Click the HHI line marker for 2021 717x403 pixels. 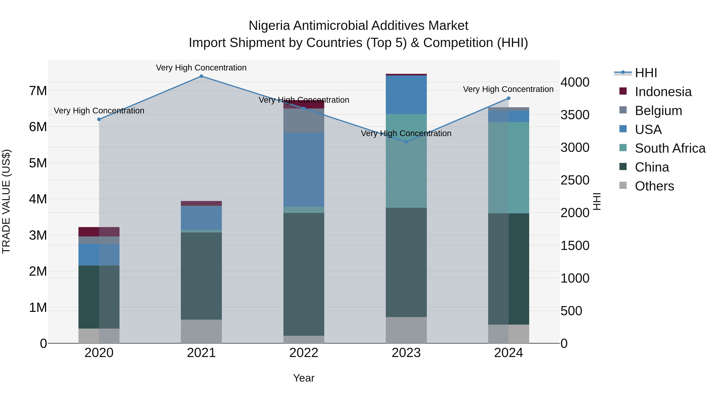pyautogui.click(x=201, y=76)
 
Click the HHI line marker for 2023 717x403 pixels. pyautogui.click(x=406, y=142)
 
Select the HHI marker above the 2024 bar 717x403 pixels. pyautogui.click(x=508, y=98)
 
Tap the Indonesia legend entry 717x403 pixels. pyautogui.click(x=663, y=92)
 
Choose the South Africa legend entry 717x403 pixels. pyautogui.click(x=670, y=148)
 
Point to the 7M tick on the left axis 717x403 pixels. pyautogui.click(x=38, y=91)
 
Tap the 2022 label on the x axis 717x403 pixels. pyautogui.click(x=304, y=353)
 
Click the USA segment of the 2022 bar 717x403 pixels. pyautogui.click(x=304, y=170)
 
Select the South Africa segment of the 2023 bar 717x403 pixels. pyautogui.click(x=406, y=161)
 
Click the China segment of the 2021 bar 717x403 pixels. pyautogui.click(x=201, y=276)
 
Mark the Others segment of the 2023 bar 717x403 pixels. pyautogui.click(x=406, y=330)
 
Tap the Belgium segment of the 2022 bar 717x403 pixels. pyautogui.click(x=304, y=121)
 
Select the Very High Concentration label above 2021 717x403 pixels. pyautogui.click(x=201, y=68)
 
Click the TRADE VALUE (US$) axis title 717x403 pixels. pyautogui.click(x=6, y=201)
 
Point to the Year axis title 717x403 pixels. pyautogui.click(x=304, y=378)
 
